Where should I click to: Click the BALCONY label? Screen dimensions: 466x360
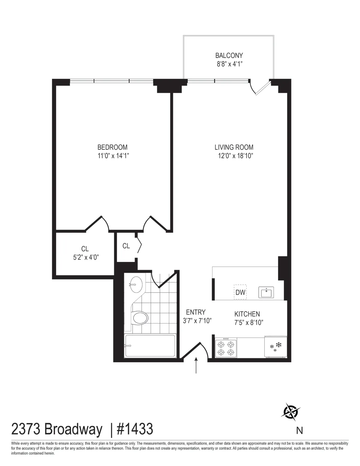229,56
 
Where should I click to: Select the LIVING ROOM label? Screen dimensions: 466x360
234,147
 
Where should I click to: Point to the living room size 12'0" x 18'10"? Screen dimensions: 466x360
235,155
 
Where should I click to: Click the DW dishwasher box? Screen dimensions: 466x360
240,292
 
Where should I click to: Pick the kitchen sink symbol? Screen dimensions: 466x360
266,292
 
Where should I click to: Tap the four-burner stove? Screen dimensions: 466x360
226,348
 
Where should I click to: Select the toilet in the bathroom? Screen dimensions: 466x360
140,318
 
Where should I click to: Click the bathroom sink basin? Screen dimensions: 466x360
136,284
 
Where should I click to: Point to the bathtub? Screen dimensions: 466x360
150,346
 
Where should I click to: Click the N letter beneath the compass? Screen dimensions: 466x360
299,431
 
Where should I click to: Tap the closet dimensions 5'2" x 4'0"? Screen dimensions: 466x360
86,257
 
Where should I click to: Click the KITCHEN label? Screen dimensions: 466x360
247,314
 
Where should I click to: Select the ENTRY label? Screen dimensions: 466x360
196,312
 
